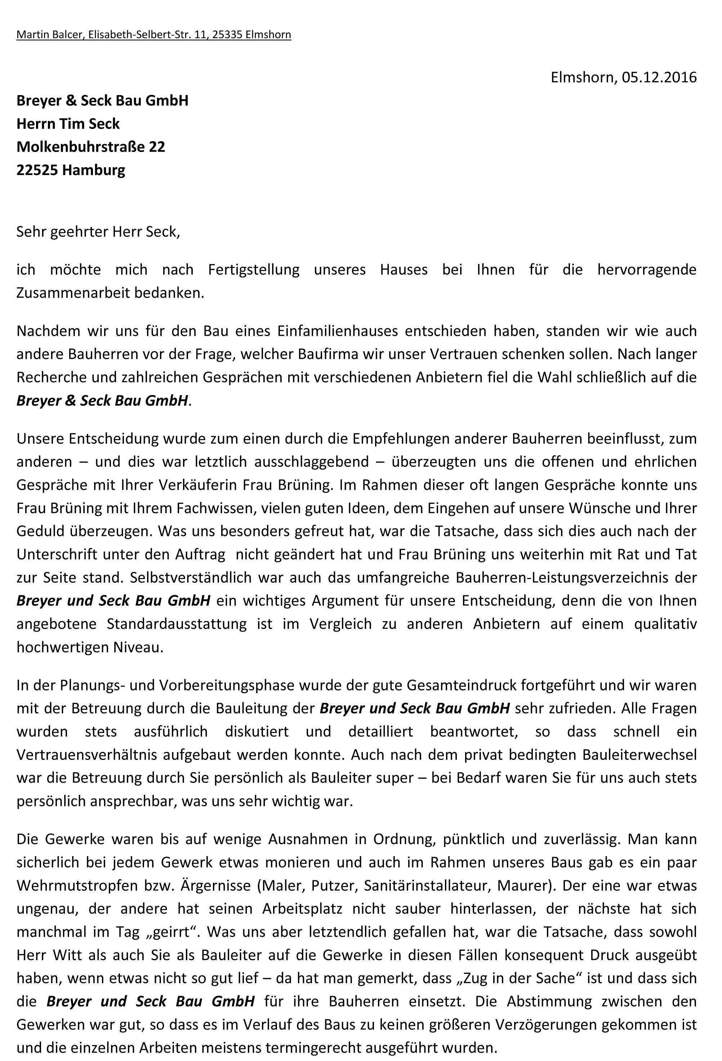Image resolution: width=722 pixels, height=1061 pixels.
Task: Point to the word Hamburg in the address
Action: tap(93, 170)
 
